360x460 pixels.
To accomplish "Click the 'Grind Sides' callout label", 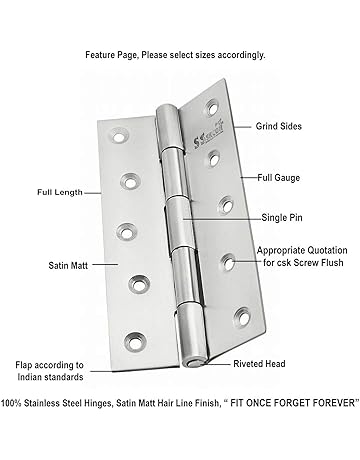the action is tap(279, 126).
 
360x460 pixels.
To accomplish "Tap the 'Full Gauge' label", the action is tap(278, 178).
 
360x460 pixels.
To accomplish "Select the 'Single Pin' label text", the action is tap(282, 218).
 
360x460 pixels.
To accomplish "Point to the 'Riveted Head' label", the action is tap(259, 364).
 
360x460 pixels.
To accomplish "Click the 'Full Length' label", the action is tap(60, 192).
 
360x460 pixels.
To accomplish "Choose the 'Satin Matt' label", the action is tap(68, 266).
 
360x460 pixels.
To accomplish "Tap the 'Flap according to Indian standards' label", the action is tap(50, 371).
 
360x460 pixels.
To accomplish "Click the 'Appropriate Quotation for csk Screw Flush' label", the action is tap(302, 256).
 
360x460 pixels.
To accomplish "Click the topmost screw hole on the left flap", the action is tap(118, 136).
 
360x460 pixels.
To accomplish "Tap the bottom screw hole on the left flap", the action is tap(135, 342).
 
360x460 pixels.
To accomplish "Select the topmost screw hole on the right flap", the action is tap(213, 107).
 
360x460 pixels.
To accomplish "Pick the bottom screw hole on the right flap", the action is tap(243, 317).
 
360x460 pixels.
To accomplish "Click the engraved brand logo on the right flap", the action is tap(208, 136).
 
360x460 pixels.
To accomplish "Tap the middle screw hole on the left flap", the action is tap(127, 232).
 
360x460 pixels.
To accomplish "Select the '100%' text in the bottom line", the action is tap(11, 403).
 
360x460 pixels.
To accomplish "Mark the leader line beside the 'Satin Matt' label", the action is tap(105, 265).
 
